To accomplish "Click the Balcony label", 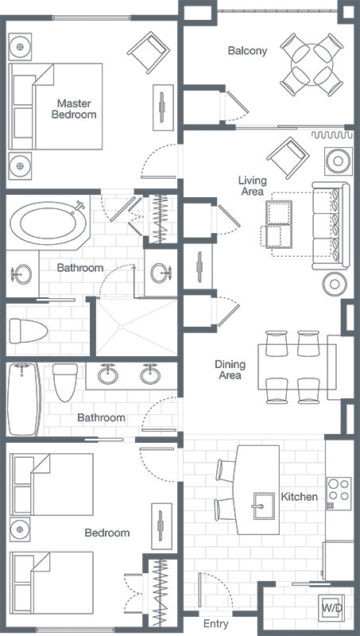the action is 247,51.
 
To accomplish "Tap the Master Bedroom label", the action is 74,109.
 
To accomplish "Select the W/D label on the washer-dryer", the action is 332,607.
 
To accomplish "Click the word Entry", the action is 215,624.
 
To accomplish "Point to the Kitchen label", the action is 299,496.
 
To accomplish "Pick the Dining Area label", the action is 230,370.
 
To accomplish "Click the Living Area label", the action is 253,185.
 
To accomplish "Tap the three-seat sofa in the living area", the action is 331,226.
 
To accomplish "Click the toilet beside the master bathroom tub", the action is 29,331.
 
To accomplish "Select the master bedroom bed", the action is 56,107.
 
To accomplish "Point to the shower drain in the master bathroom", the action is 121,327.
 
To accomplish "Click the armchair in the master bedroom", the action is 149,52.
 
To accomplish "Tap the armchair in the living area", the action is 288,157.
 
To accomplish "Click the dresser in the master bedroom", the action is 163,107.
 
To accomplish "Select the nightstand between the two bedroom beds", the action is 20,529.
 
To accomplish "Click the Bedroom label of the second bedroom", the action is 107,533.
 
